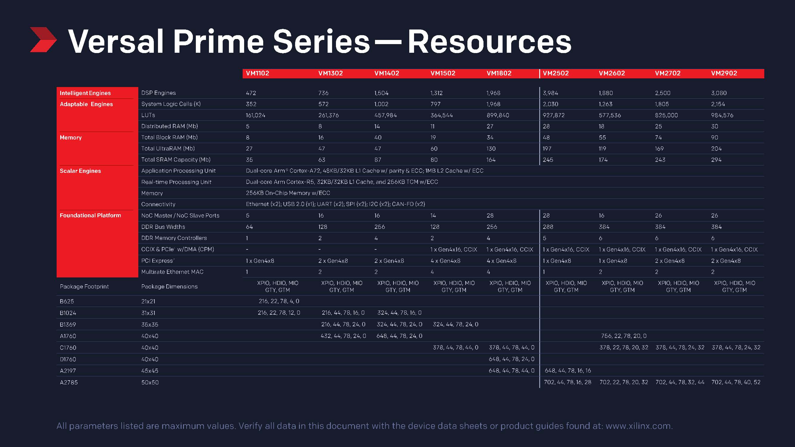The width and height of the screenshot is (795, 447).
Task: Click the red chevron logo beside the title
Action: tap(43, 40)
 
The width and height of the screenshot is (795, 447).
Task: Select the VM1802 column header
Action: tap(499, 73)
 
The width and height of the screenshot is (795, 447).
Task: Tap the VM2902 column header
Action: tap(724, 73)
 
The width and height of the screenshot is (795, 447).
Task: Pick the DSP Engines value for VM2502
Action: tap(550, 93)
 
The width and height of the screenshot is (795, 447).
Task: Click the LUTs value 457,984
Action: tap(385, 115)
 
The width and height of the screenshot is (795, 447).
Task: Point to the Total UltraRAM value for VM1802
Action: tap(491, 149)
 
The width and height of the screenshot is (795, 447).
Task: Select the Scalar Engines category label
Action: tap(80, 171)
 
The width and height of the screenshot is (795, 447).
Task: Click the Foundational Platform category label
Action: tap(90, 215)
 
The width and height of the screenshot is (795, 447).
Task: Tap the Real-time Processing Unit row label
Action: tap(176, 182)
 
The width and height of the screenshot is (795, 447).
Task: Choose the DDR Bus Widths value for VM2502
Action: tap(548, 227)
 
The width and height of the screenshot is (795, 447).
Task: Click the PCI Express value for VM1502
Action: tap(445, 261)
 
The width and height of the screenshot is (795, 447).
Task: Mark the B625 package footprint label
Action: tap(67, 301)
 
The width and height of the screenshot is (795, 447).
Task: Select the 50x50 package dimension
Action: tap(150, 383)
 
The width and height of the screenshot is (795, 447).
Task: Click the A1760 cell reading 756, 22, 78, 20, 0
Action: tap(623, 336)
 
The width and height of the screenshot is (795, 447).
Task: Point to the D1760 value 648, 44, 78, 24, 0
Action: tap(512, 359)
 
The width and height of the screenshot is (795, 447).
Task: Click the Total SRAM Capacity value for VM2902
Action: tap(716, 160)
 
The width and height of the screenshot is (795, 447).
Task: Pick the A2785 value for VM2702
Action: tap(680, 382)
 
